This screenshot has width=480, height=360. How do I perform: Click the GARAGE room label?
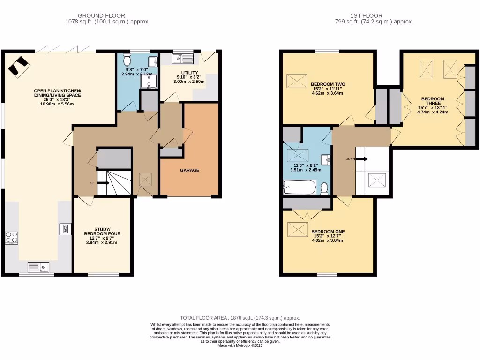coord(190,170)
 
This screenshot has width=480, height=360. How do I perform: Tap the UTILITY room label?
coord(184,73)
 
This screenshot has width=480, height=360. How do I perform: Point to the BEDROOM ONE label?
coord(328,232)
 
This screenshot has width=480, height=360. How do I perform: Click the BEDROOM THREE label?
coord(432,101)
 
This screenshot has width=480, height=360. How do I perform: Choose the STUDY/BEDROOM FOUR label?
coord(102,231)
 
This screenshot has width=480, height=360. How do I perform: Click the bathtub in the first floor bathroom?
coord(300,188)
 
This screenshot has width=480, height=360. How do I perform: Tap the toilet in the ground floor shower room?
coord(127,60)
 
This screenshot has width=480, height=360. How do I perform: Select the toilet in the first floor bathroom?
coord(324,188)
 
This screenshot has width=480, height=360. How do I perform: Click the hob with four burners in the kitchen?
coord(11,238)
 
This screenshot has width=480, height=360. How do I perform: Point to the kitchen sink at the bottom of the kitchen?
coord(38,267)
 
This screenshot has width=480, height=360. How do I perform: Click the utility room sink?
coord(182,59)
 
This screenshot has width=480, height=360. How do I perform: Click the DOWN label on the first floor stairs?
coord(351,159)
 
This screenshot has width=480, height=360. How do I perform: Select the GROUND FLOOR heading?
coord(101,15)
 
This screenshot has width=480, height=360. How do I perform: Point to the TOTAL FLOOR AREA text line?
coord(240,318)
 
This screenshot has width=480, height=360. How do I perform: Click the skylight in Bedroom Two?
coord(297,81)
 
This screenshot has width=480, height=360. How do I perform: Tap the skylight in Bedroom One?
coord(297,229)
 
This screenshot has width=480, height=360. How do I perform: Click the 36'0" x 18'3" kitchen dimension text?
coord(57,99)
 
